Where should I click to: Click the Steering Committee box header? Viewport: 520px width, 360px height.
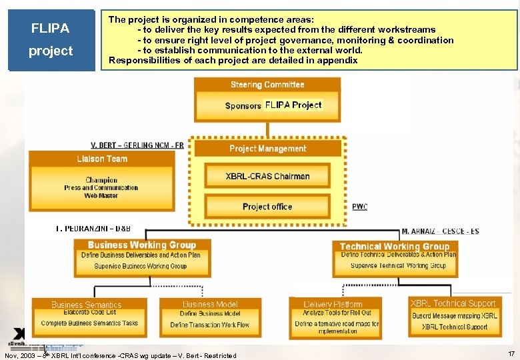coord(267,85)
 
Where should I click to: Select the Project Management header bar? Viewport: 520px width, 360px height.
coord(267,149)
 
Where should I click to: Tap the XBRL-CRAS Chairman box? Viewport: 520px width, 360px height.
coord(267,176)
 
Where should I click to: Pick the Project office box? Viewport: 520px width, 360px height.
coord(267,207)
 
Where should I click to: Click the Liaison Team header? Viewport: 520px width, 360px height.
coord(101,159)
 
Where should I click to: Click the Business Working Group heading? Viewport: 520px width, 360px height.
coord(141,245)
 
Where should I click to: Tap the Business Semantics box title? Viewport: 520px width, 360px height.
coord(87,305)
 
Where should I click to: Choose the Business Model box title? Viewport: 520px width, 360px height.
coord(209,305)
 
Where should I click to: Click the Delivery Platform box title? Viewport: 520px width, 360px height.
coord(333,305)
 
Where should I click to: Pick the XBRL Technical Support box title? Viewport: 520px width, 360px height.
coord(453,303)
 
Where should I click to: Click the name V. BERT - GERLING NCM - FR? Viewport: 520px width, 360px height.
coord(137,145)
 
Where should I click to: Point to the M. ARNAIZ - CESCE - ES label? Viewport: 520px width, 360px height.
coord(440,231)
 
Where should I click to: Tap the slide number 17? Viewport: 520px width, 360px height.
coord(511,353)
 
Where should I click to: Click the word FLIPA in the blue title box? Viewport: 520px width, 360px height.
coord(51,29)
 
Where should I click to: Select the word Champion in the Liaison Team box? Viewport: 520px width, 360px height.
coord(101,180)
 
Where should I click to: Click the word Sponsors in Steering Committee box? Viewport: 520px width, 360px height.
coord(243,106)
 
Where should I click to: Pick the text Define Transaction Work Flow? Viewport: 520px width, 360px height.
coord(209,325)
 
